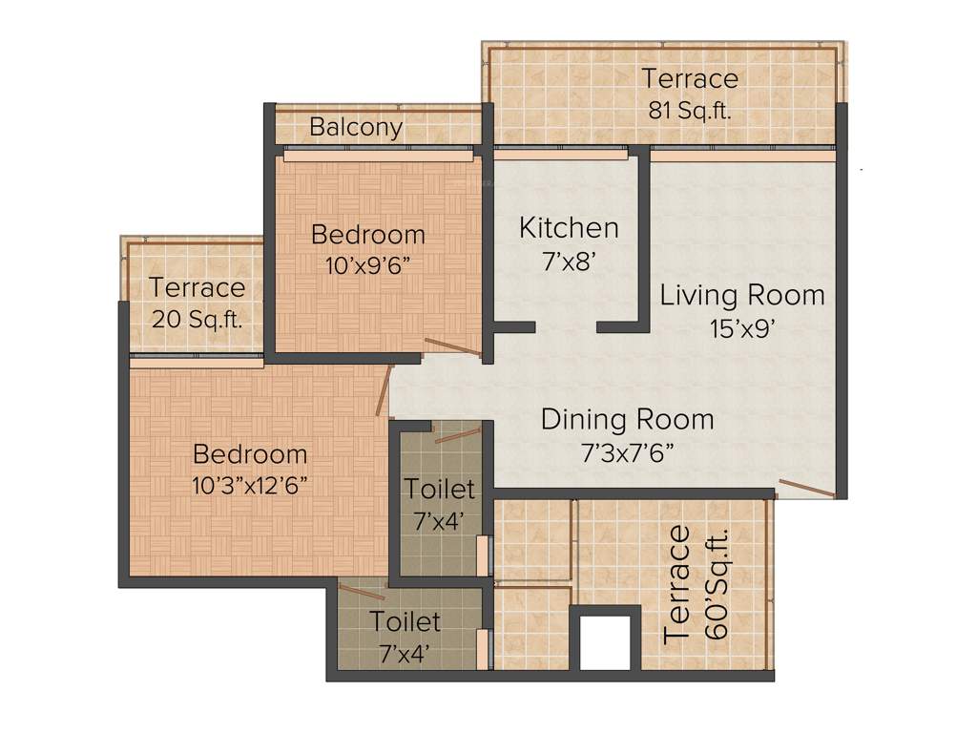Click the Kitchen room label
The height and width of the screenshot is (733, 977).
pyautogui.click(x=569, y=228)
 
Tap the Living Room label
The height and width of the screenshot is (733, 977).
pyautogui.click(x=742, y=295)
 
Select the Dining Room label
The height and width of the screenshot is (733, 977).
pyautogui.click(x=627, y=419)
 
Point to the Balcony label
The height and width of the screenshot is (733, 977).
pyautogui.click(x=356, y=127)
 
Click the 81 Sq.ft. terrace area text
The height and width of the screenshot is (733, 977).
pyautogui.click(x=690, y=110)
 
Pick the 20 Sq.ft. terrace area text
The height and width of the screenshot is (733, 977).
pyautogui.click(x=197, y=318)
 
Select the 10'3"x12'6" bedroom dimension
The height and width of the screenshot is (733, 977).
pyautogui.click(x=249, y=485)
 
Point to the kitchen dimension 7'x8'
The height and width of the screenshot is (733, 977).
pyautogui.click(x=569, y=262)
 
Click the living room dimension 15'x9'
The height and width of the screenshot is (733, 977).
pyautogui.click(x=742, y=328)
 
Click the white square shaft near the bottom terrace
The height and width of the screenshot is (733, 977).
pyautogui.click(x=605, y=641)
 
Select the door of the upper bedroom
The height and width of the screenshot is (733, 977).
pyautogui.click(x=452, y=346)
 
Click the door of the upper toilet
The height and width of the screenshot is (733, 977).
pyautogui.click(x=457, y=435)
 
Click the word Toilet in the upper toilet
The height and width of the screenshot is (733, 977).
pyautogui.click(x=439, y=490)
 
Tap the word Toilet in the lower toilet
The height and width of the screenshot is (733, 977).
pyautogui.click(x=405, y=622)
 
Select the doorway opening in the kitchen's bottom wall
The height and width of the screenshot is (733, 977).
pyautogui.click(x=566, y=327)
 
